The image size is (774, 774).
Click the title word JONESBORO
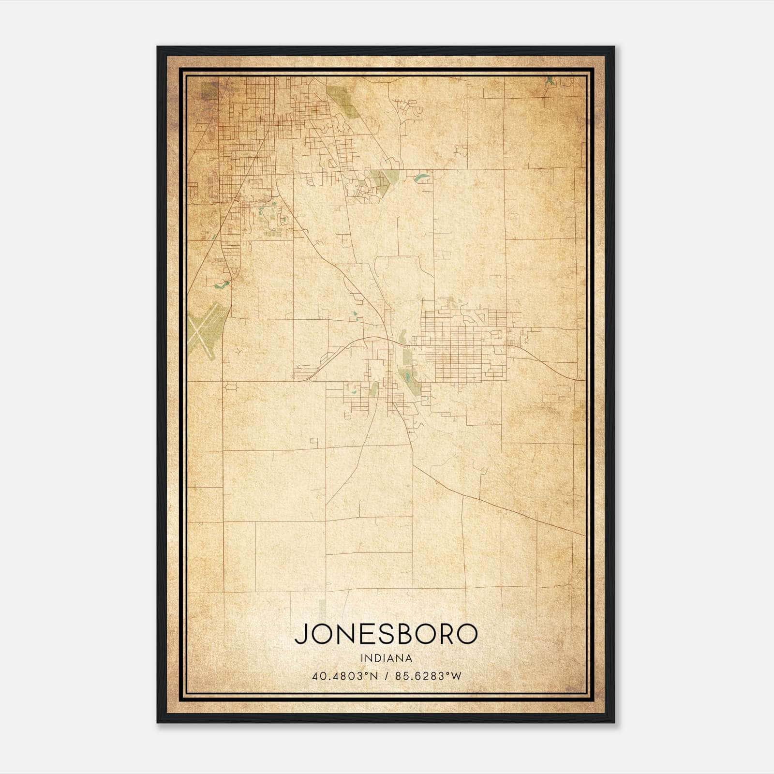click(x=386, y=634)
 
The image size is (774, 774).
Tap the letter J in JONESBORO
click(x=300, y=634)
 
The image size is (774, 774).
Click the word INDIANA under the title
click(x=386, y=658)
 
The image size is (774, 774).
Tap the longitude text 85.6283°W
click(x=428, y=676)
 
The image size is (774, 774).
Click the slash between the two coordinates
click(x=386, y=676)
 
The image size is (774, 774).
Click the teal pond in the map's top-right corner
click(x=550, y=82)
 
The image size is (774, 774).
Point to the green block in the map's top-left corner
click(x=209, y=90)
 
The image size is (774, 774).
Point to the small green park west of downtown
click(x=374, y=387)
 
